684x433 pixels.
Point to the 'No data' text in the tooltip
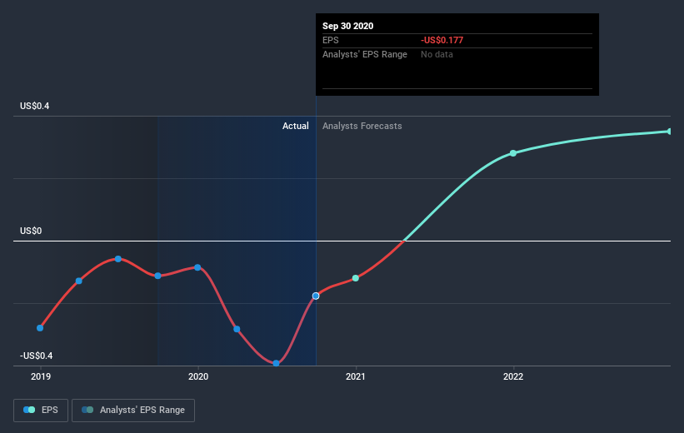coord(438,54)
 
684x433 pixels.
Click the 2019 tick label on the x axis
coord(40,376)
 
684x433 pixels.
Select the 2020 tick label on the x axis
coord(198,376)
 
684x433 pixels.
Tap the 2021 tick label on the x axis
coord(356,376)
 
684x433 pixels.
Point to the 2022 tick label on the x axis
coord(513,376)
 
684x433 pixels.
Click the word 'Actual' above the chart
coord(295,126)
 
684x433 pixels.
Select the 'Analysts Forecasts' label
coord(362,126)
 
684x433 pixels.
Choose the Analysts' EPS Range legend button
coord(133,410)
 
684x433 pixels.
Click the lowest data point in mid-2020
coord(276,363)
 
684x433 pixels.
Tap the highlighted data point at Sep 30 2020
coord(316,296)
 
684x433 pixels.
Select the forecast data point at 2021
coord(356,278)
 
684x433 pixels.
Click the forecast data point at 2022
coord(513,153)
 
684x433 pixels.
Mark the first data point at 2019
coord(40,327)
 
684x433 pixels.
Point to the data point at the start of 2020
coord(197,267)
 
